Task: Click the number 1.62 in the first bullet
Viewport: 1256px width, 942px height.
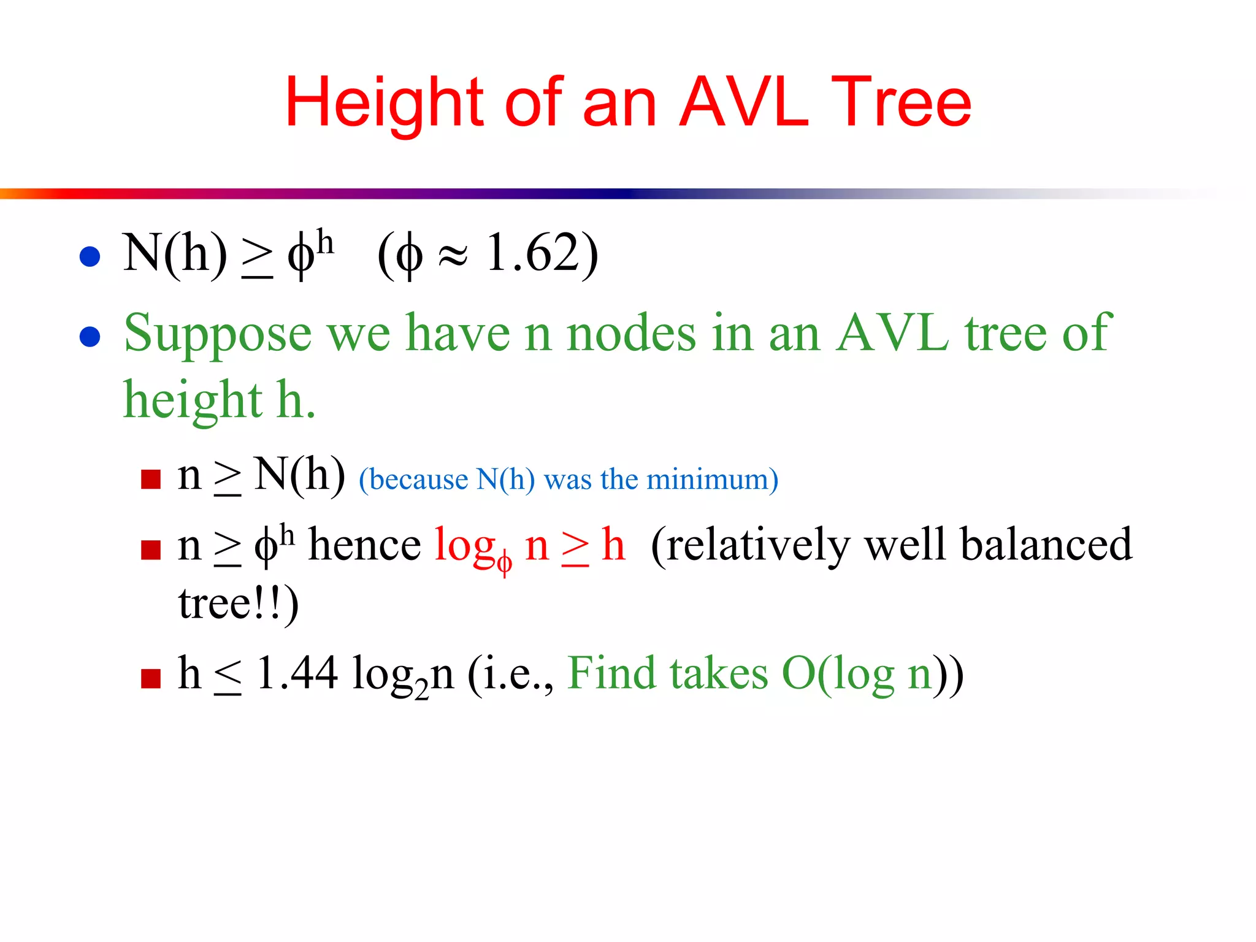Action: pyautogui.click(x=532, y=253)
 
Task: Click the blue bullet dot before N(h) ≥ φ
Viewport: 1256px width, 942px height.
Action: pyautogui.click(x=90, y=256)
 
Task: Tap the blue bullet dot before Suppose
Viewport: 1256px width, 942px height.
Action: pyautogui.click(x=90, y=337)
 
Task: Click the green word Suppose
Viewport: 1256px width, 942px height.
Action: pyautogui.click(x=218, y=334)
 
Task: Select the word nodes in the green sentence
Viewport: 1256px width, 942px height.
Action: pyautogui.click(x=631, y=334)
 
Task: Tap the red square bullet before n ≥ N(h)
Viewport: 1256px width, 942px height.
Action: pyautogui.click(x=150, y=479)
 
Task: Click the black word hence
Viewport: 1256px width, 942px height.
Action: pyautogui.click(x=364, y=545)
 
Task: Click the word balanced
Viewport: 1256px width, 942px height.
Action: pyautogui.click(x=1046, y=545)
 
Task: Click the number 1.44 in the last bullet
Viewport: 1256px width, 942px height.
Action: pyautogui.click(x=297, y=673)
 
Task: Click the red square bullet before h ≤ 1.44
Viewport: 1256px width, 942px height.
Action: pyautogui.click(x=150, y=678)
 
